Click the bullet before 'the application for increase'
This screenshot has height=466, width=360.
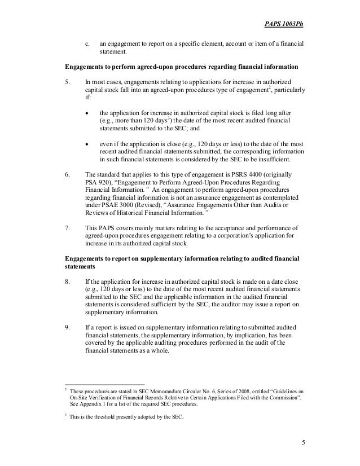click(87, 112)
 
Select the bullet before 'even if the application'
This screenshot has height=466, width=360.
click(87, 144)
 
